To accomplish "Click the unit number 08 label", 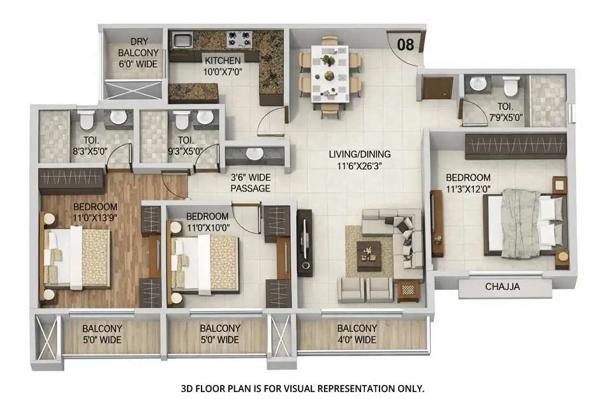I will click(x=405, y=44).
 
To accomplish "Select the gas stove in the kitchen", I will click(x=239, y=40).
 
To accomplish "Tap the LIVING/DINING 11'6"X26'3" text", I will click(x=360, y=160).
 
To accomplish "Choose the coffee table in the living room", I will click(x=368, y=255).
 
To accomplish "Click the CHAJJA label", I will click(x=504, y=287).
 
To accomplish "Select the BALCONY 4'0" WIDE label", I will click(x=357, y=334).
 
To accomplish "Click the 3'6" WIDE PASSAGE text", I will click(x=250, y=183).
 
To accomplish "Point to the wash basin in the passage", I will click(x=255, y=154).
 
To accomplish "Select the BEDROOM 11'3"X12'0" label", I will click(x=468, y=183).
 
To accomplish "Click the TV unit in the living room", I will click(x=304, y=243).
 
